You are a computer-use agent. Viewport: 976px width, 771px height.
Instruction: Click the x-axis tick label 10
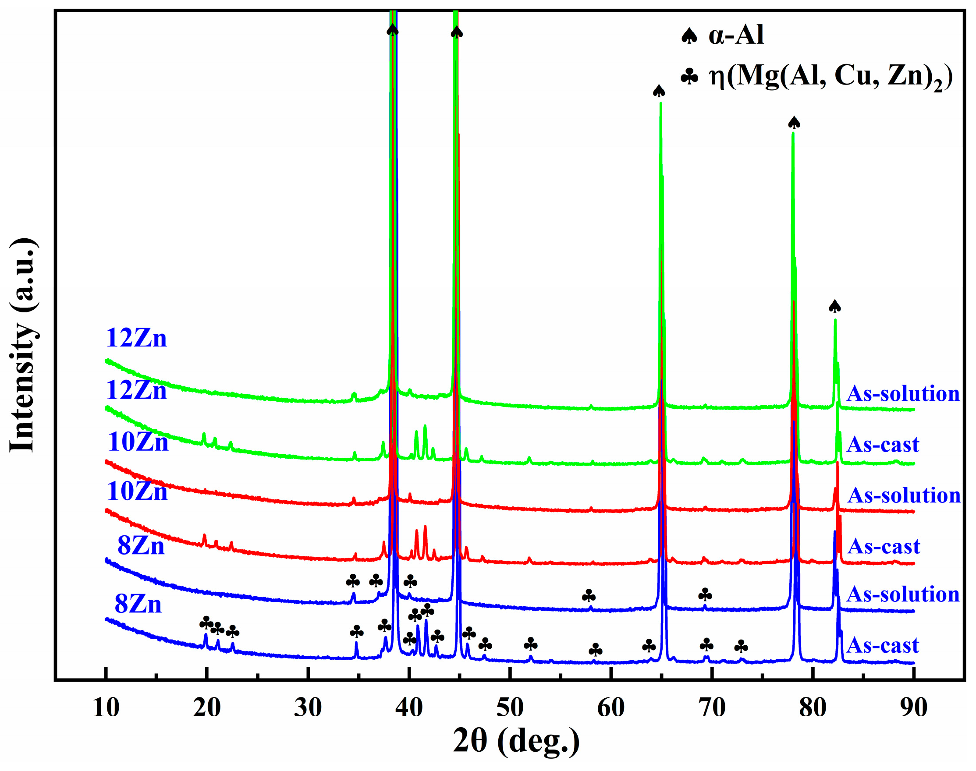(106, 708)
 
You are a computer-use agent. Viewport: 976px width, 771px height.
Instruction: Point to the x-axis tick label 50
(510, 708)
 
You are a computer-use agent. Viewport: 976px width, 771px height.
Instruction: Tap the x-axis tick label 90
(914, 708)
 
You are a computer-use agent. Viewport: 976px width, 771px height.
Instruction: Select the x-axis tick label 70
(712, 708)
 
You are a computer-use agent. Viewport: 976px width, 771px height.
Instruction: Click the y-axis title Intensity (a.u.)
(23, 344)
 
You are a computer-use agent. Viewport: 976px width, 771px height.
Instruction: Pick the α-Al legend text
(736, 35)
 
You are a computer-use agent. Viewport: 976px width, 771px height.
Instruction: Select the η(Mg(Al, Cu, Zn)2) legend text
(831, 77)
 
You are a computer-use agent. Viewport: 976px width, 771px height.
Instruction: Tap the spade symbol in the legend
(689, 35)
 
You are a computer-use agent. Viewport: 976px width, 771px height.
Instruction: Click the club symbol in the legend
(689, 76)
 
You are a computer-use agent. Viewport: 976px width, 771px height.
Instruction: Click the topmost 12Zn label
(136, 338)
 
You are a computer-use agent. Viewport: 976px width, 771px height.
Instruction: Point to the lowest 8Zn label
(138, 604)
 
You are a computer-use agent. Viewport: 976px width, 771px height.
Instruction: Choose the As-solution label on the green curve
(903, 394)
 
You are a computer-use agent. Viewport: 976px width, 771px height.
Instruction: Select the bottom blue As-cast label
(883, 646)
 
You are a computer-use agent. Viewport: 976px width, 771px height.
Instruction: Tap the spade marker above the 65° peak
(659, 91)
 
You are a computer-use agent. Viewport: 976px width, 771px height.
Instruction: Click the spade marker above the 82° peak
(834, 307)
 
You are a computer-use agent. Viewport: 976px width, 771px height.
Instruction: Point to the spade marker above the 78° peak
(794, 122)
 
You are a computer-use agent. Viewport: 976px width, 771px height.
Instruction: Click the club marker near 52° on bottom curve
(531, 644)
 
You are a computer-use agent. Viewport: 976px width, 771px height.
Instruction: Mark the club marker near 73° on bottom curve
(741, 647)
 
